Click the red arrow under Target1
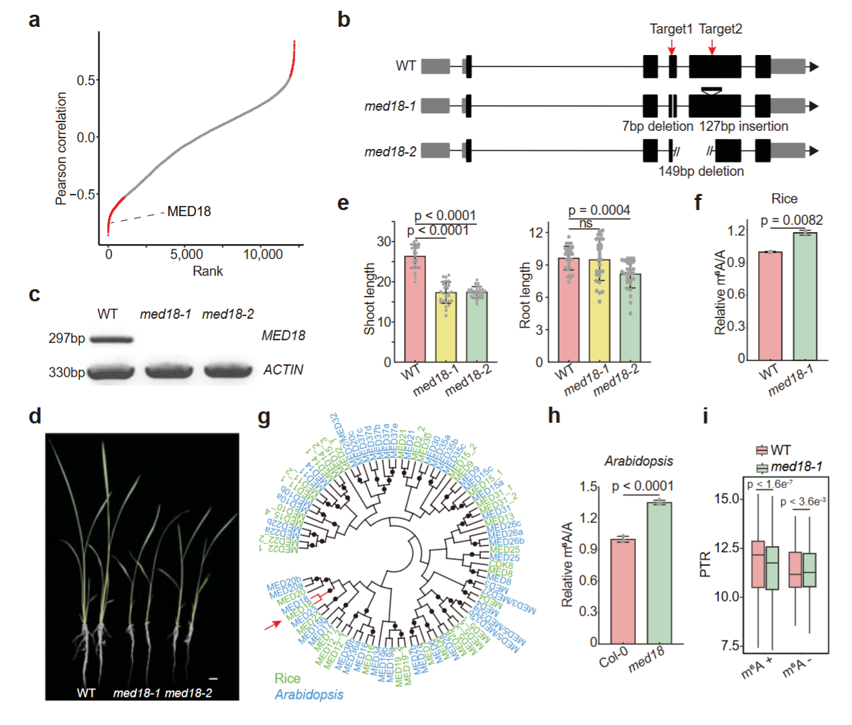pyautogui.click(x=672, y=47)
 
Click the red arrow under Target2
pyautogui.click(x=712, y=47)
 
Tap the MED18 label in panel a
pyautogui.click(x=189, y=211)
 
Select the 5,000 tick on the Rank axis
pyautogui.click(x=187, y=254)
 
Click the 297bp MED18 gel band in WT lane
pyautogui.click(x=111, y=340)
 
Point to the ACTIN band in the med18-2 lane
pyautogui.click(x=227, y=371)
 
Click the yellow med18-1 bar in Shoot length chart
pyautogui.click(x=445, y=327)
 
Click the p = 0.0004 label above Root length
pyautogui.click(x=599, y=210)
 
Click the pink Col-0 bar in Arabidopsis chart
pyautogui.click(x=623, y=591)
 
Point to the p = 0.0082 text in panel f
pyautogui.click(x=792, y=220)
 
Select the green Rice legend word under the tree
pyautogui.click(x=287, y=678)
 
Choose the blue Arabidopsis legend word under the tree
pyautogui.click(x=309, y=694)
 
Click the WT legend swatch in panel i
pyautogui.click(x=762, y=450)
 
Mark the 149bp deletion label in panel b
pyautogui.click(x=701, y=171)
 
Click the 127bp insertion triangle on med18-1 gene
pyautogui.click(x=711, y=91)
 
